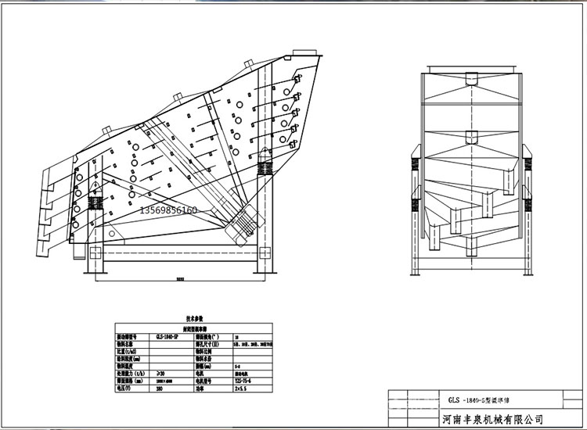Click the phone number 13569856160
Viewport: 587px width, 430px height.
point(169,211)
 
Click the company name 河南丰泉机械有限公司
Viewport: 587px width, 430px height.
point(493,419)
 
